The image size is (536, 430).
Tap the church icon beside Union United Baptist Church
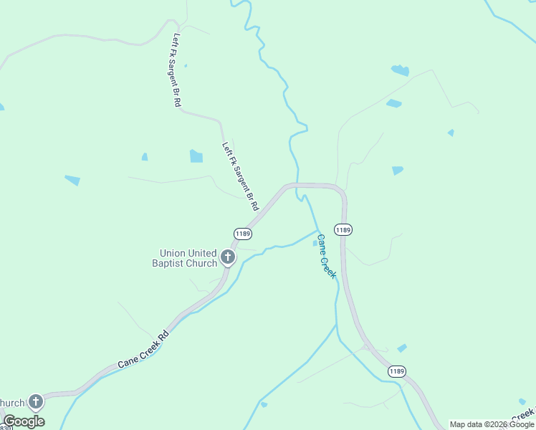tap(228, 257)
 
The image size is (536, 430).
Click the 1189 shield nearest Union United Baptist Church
tap(242, 234)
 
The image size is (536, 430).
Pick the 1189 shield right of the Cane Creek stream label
tap(343, 230)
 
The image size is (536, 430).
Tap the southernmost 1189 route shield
tap(396, 371)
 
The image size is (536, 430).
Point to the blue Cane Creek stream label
tap(327, 257)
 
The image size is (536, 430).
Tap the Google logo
tap(24, 421)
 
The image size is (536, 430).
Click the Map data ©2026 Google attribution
tap(492, 424)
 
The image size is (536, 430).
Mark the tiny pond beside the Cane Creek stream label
tap(315, 244)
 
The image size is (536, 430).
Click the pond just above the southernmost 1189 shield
tap(402, 348)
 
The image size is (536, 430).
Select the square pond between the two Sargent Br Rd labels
tap(196, 156)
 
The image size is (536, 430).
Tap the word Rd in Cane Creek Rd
tap(164, 335)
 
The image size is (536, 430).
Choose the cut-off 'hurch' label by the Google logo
tap(14, 403)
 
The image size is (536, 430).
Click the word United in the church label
tap(203, 253)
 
